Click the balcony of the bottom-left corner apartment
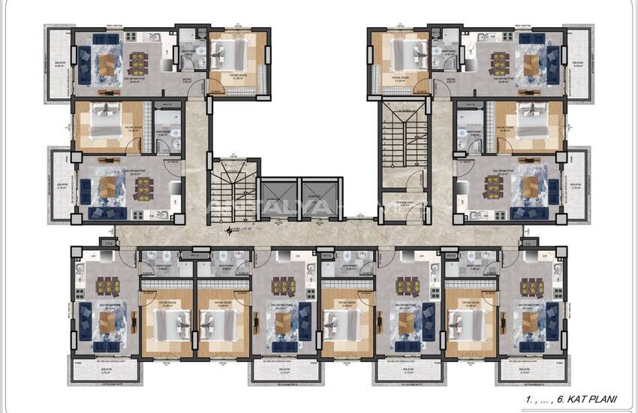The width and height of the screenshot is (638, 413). (104, 371)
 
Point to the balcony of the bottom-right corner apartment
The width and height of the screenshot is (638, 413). (532, 371)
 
